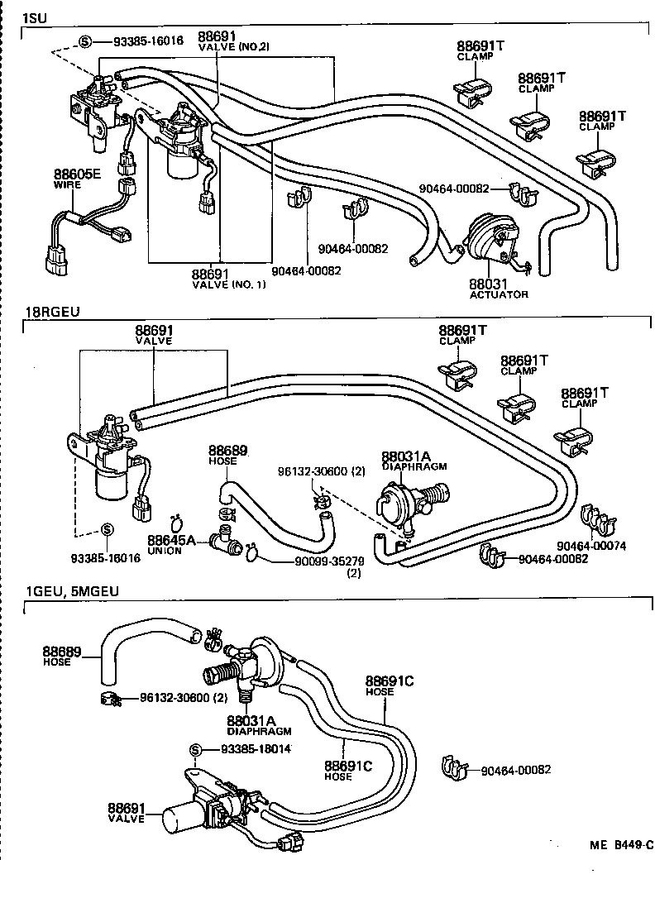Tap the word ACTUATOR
click(x=498, y=294)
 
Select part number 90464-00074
click(x=592, y=546)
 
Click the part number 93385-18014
click(x=255, y=749)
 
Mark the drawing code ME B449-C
click(x=621, y=845)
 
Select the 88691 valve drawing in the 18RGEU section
click(x=108, y=463)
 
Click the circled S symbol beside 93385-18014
click(x=195, y=749)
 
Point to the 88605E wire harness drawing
click(x=83, y=227)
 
